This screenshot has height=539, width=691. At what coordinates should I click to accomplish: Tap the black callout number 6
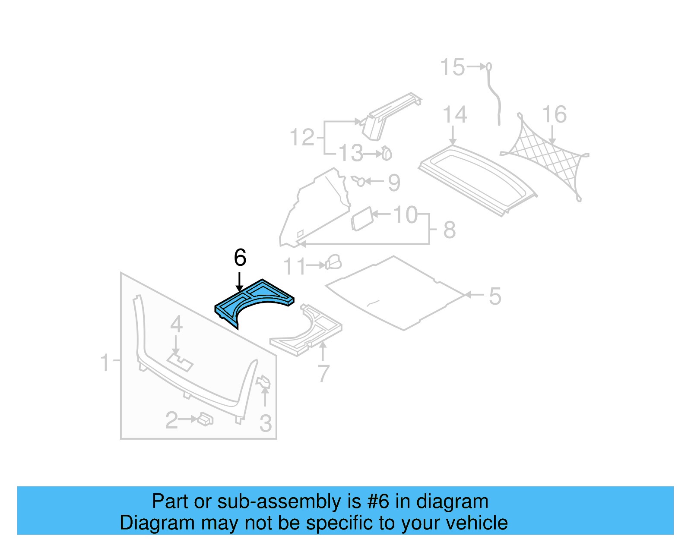240,258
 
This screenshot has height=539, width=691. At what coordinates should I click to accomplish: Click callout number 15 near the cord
452,67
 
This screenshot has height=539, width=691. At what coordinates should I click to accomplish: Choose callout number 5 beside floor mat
495,296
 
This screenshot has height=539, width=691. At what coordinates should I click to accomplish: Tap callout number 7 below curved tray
323,373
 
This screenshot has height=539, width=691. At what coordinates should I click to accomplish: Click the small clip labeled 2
206,419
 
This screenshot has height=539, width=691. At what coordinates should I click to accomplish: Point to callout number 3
265,423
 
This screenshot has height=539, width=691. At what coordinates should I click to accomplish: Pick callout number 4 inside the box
176,324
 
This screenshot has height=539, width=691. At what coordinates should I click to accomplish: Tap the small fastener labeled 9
359,181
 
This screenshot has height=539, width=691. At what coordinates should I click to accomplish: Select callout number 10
406,214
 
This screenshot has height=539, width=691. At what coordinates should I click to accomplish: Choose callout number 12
301,138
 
